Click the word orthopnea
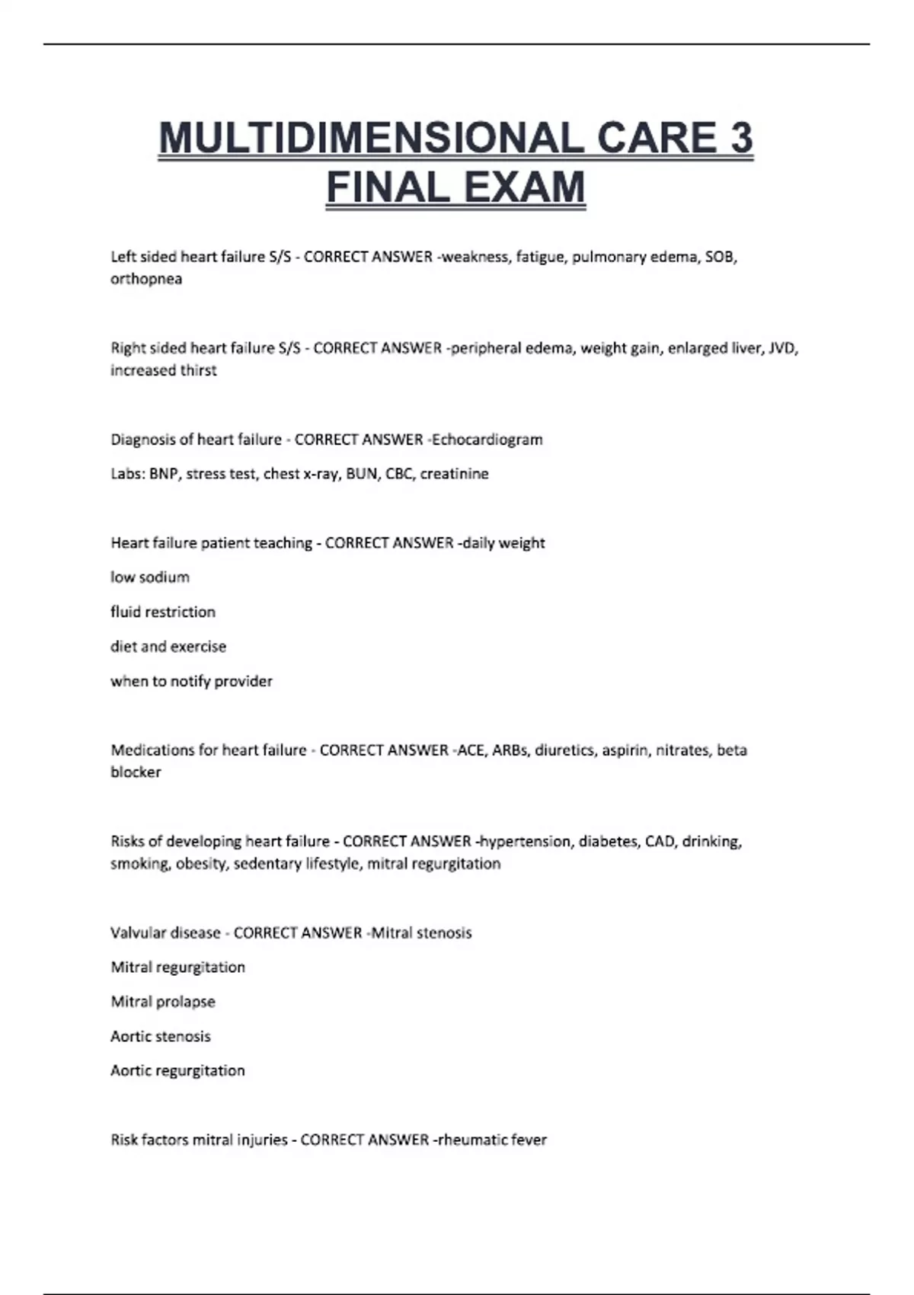pyautogui.click(x=146, y=279)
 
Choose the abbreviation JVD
pyautogui.click(x=782, y=348)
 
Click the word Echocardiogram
pyautogui.click(x=487, y=440)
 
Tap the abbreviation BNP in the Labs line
pyautogui.click(x=164, y=474)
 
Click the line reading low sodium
pyautogui.click(x=150, y=577)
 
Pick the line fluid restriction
pyautogui.click(x=163, y=612)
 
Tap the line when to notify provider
pyautogui.click(x=191, y=681)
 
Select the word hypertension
pyautogui.click(x=526, y=842)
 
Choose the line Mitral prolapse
pyautogui.click(x=163, y=1002)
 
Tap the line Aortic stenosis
pyautogui.click(x=161, y=1036)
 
